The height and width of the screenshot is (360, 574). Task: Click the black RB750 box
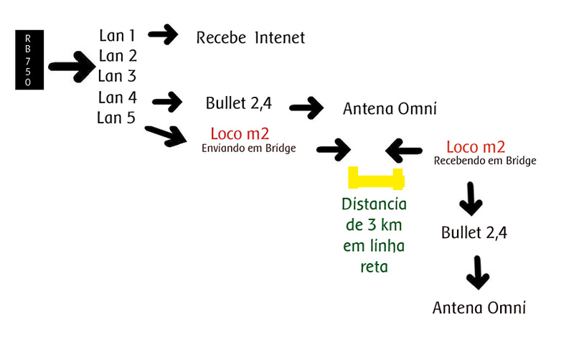(29, 60)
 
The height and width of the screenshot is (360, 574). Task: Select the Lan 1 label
(118, 34)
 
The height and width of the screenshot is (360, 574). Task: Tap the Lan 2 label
(118, 55)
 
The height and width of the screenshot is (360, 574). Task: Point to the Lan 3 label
(118, 76)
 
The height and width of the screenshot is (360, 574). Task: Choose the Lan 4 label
(118, 97)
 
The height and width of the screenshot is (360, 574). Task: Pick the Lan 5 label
(116, 118)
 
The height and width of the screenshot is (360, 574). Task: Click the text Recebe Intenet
(250, 37)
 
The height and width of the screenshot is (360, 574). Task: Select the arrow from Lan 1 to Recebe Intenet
(164, 34)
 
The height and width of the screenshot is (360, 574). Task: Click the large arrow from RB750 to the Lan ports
(72, 69)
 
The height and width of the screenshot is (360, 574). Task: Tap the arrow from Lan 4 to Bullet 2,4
(168, 102)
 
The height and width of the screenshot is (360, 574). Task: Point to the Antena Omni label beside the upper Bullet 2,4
(390, 109)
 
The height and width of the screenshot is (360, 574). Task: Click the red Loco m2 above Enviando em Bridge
(240, 134)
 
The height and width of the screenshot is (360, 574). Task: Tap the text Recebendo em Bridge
(485, 161)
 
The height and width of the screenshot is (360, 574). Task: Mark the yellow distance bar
(376, 177)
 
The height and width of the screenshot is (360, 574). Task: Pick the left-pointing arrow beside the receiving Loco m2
(404, 150)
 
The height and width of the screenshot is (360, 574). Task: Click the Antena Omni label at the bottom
(479, 308)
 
